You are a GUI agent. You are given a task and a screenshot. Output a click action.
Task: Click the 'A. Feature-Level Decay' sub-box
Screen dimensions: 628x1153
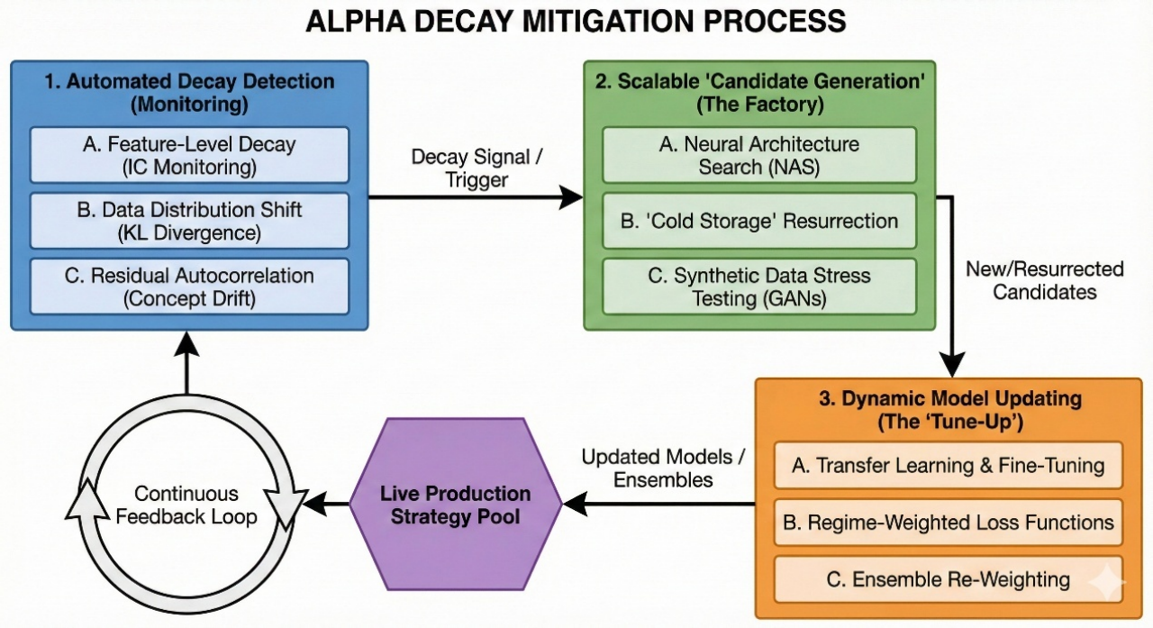pyautogui.click(x=188, y=154)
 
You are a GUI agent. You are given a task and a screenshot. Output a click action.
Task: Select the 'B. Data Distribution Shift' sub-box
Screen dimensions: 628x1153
pyautogui.click(x=188, y=221)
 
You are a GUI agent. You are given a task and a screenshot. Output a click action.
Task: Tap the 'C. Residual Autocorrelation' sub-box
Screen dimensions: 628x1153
pyautogui.click(x=188, y=287)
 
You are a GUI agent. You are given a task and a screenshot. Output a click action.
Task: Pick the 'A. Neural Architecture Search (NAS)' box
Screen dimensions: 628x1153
pyautogui.click(x=758, y=154)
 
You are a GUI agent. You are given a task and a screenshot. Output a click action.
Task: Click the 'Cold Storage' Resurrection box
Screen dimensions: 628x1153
pyautogui.click(x=758, y=221)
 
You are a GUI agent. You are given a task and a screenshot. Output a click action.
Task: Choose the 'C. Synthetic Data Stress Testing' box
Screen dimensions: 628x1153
pyautogui.click(x=758, y=287)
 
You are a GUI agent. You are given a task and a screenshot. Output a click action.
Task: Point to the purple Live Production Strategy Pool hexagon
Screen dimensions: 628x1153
pyautogui.click(x=455, y=505)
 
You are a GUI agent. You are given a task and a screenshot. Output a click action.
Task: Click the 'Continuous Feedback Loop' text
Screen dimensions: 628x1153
pyautogui.click(x=187, y=505)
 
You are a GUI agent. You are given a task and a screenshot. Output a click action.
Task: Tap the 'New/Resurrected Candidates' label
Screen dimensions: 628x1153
pyautogui.click(x=1044, y=280)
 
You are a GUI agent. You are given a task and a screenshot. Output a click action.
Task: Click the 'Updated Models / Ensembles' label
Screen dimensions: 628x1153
pyautogui.click(x=663, y=469)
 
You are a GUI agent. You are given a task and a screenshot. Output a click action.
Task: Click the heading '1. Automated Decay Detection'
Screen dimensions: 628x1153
pyautogui.click(x=189, y=81)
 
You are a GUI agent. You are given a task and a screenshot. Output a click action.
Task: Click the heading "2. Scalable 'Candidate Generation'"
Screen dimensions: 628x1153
pyautogui.click(x=760, y=81)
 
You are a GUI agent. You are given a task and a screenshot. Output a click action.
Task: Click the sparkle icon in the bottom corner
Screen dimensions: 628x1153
pyautogui.click(x=1107, y=584)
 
